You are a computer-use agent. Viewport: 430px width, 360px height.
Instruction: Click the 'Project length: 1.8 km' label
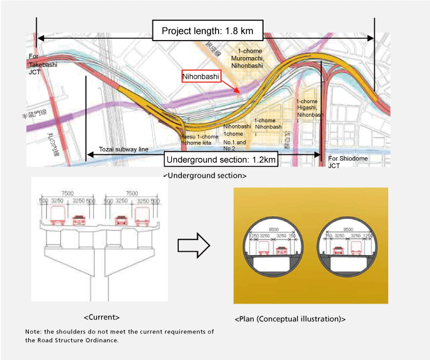[208, 30]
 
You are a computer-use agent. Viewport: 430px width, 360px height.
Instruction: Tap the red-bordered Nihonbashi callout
[201, 77]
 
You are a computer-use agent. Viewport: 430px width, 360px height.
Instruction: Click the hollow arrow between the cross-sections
[193, 245]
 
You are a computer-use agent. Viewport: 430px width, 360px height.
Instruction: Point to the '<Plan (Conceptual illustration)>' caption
[290, 319]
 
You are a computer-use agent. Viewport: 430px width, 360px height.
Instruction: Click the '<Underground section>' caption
[205, 176]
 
